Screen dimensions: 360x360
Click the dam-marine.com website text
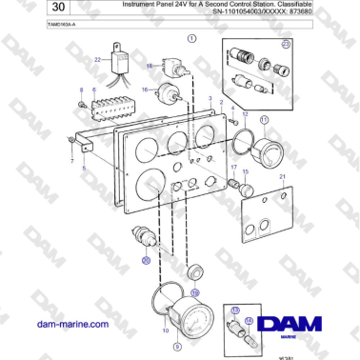point(69,325)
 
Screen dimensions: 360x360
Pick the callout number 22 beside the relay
point(97,59)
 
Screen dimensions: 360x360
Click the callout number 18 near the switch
point(150,66)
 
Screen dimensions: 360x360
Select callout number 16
point(145,90)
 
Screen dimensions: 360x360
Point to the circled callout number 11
point(264,119)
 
